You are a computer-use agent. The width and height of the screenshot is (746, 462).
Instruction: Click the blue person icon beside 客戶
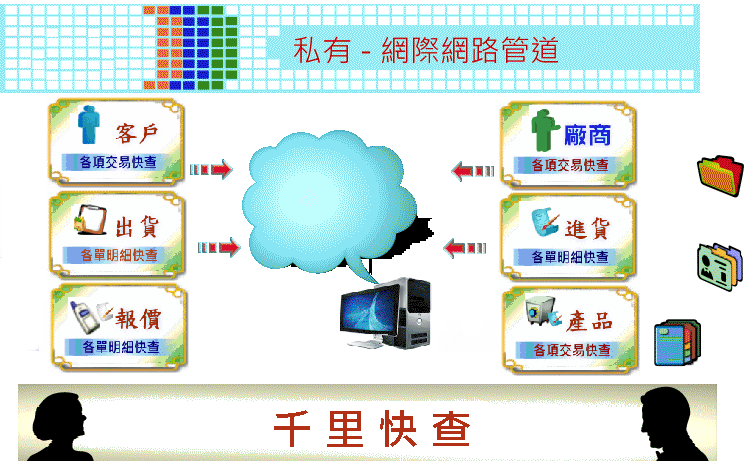pos(89,125)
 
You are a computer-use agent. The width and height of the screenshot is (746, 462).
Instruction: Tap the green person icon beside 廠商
pos(544,130)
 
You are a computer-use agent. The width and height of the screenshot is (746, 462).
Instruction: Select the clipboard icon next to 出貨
pos(90,219)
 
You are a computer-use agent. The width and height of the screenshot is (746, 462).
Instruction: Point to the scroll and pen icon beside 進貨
pos(545,222)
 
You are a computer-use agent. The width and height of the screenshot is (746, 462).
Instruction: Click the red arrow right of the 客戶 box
pos(211,169)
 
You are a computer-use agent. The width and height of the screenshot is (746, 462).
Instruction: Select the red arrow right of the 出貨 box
pos(219,247)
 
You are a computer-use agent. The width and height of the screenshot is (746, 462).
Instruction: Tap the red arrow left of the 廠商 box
pos(473,171)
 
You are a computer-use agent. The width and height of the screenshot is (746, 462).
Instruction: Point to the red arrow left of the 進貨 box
pos(465,248)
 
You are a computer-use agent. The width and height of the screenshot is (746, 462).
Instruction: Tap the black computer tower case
pos(413,313)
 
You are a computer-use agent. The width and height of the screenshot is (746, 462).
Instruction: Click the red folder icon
pos(720,175)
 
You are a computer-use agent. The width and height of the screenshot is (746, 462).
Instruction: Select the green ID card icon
pos(719,267)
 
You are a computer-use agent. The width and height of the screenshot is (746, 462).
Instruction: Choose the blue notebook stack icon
pos(677,343)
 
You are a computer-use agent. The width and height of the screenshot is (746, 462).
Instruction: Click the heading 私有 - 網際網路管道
pos(425,50)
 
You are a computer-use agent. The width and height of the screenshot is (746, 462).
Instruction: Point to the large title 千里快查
pos(372,429)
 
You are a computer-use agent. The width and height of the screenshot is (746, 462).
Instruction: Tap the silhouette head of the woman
pos(60,415)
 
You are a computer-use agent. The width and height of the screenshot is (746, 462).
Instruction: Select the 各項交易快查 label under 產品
pos(572,350)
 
